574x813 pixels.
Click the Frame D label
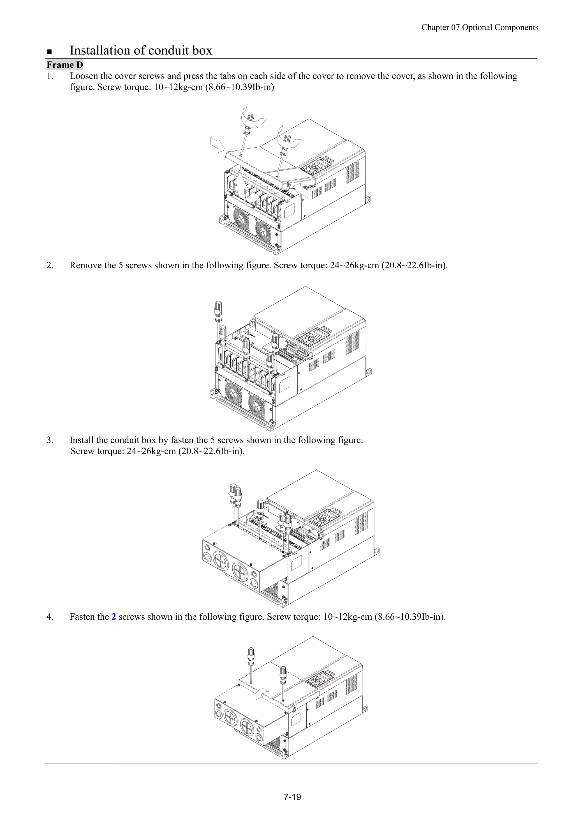[x=65, y=65]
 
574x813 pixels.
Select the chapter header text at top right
[x=480, y=28]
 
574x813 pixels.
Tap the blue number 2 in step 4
[x=114, y=617]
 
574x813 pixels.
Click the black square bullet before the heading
[x=49, y=52]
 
